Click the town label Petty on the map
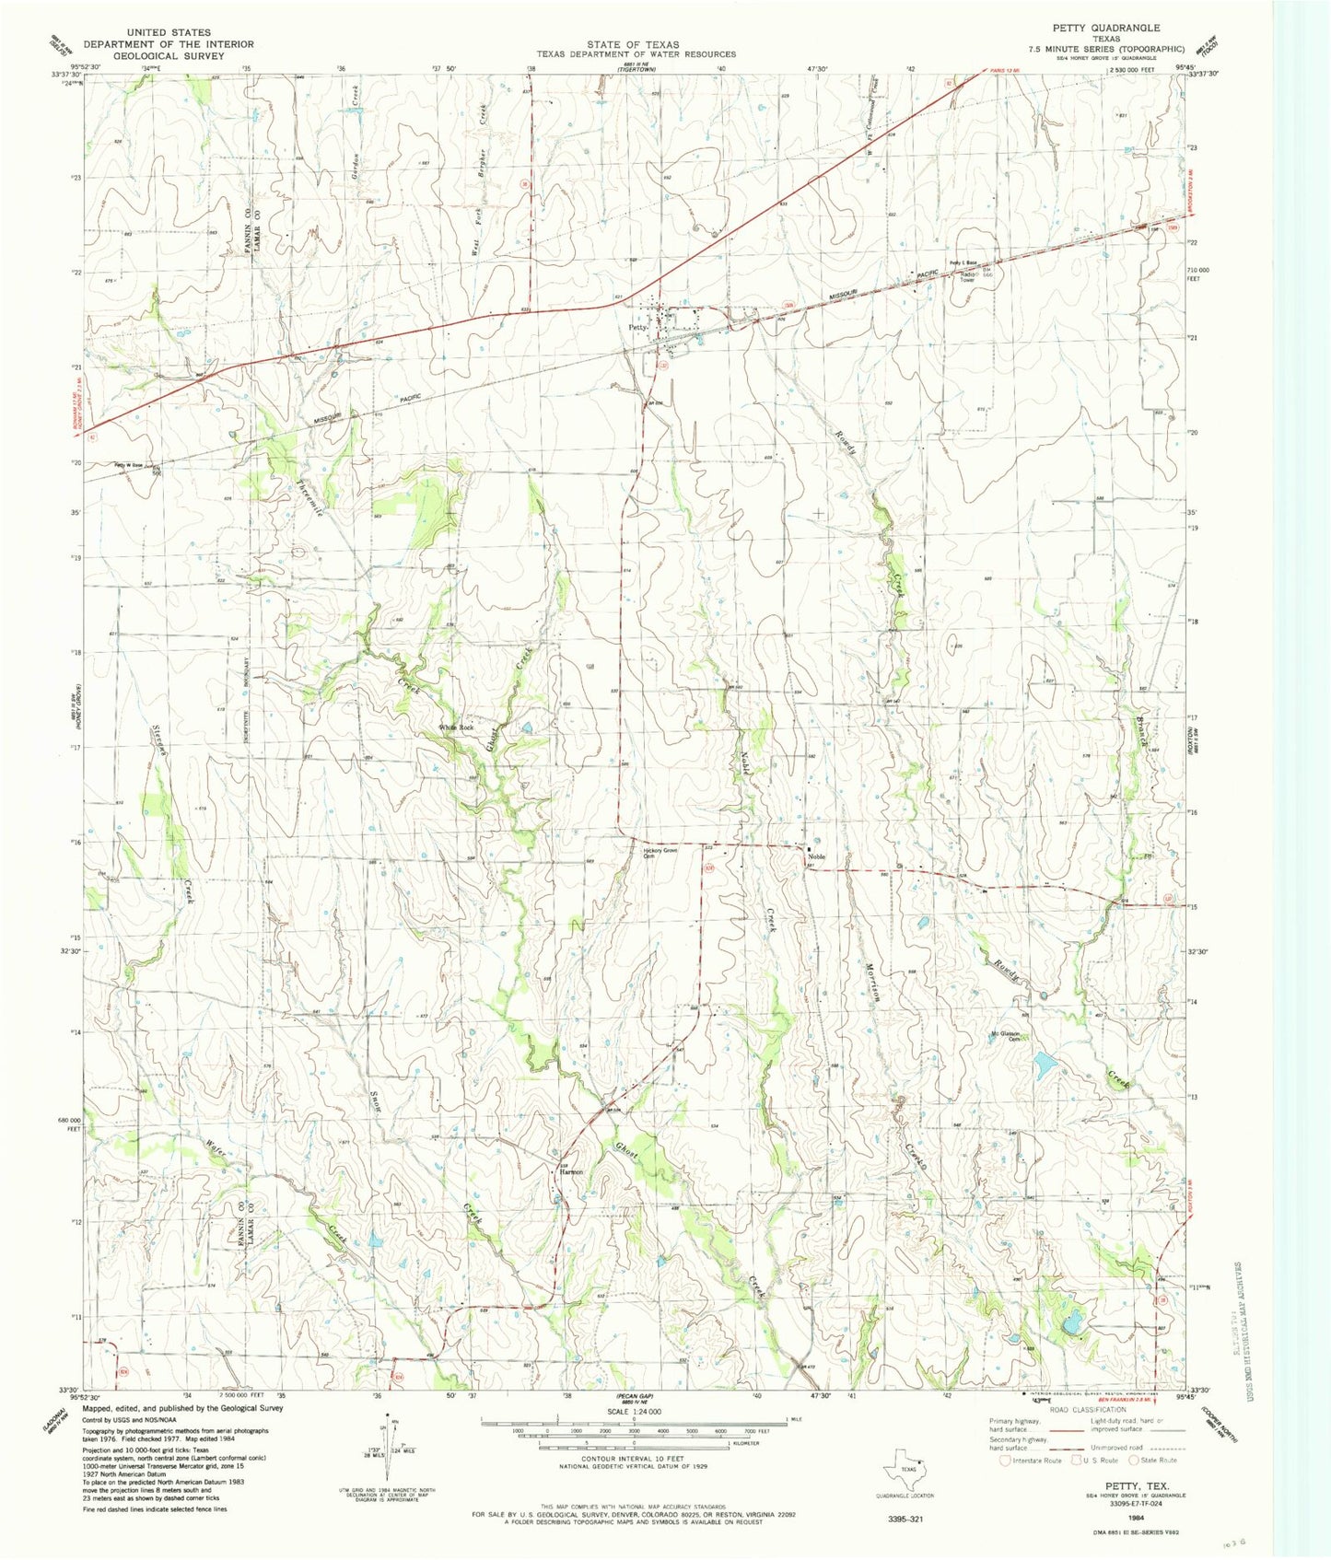(637, 327)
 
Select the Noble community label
(816, 857)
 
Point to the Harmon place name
(571, 1172)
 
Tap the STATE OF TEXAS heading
(634, 44)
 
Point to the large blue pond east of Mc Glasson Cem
(1045, 1065)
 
